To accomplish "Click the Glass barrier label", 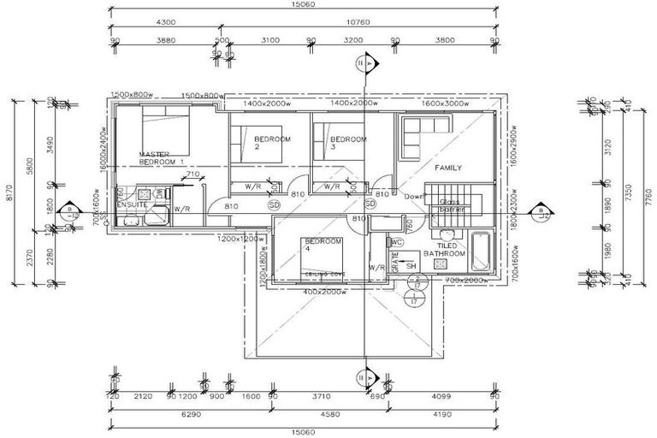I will click(x=451, y=205).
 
